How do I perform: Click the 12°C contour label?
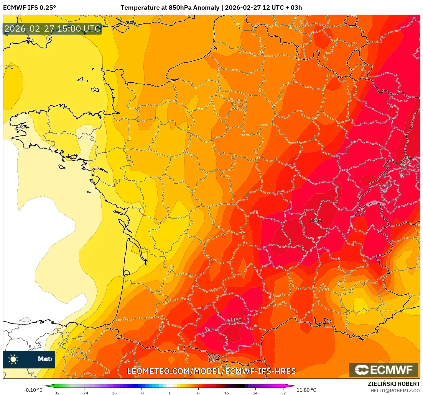pos(316,221)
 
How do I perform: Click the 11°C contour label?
pos(236,320)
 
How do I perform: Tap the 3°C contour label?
pos(9,67)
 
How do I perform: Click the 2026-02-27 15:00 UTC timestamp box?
pos(52,29)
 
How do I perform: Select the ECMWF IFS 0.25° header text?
pos(29,8)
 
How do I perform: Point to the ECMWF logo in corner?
pos(384,370)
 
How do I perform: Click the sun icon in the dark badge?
pos(13,359)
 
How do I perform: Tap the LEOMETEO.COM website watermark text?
pos(211,371)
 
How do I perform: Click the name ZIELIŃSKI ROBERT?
pos(394,384)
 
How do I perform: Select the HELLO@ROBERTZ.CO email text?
pos(395,391)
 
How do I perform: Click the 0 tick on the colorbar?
pos(170,393)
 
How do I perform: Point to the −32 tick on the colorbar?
pos(56,393)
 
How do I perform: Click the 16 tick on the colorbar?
pos(226,393)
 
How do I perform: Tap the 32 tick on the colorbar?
pos(283,393)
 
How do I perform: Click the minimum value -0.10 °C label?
pos(33,390)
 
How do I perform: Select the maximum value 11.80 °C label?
pos(306,390)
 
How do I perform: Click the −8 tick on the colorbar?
pos(141,393)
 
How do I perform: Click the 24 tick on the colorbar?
pos(255,393)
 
